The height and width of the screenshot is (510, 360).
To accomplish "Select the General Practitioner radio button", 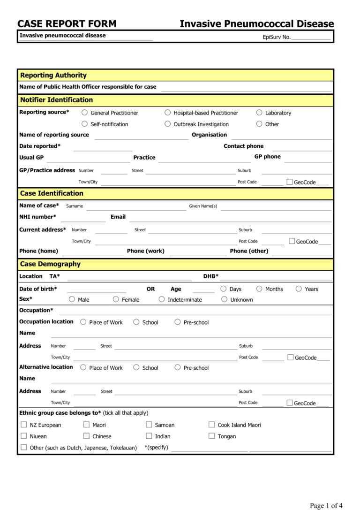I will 85,113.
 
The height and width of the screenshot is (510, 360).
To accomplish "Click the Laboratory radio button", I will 259,113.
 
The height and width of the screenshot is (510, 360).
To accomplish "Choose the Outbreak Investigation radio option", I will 168,124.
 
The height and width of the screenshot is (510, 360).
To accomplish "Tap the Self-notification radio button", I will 85,124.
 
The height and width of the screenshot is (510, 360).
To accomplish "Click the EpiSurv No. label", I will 277,37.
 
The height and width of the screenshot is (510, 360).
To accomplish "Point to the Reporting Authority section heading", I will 53,75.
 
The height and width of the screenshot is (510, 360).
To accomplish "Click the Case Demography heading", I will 50,264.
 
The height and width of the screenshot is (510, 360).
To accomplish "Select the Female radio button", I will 116,299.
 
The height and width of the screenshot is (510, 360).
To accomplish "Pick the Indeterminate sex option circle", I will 162,299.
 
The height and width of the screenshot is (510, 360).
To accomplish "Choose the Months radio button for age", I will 259,289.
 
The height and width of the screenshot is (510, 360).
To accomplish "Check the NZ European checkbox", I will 24,425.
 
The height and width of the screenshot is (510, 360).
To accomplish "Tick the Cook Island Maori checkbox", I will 211,425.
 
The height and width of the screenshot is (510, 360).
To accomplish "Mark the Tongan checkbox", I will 211,436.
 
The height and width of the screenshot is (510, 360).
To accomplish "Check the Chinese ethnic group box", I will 87,436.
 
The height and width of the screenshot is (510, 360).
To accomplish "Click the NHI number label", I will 37,217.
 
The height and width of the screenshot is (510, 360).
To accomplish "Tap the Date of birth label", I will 38,289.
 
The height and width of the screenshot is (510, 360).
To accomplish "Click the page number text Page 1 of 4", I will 326,505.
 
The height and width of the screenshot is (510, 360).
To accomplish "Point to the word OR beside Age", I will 150,289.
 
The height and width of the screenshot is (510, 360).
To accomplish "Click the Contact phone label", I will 243,146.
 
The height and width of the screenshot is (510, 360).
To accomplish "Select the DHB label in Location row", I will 210,276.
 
